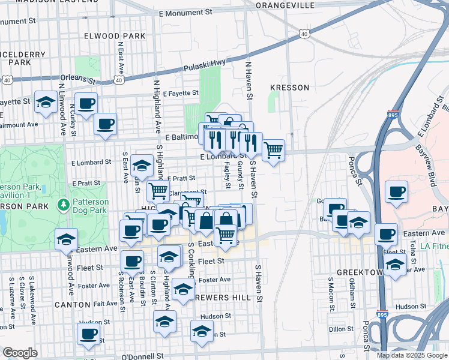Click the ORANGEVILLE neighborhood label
(285, 5)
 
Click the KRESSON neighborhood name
(289, 88)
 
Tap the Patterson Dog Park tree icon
(64, 205)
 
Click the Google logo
(20, 353)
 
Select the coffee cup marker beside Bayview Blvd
(397, 192)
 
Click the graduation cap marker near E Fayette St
(46, 102)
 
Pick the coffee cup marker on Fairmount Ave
(106, 124)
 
